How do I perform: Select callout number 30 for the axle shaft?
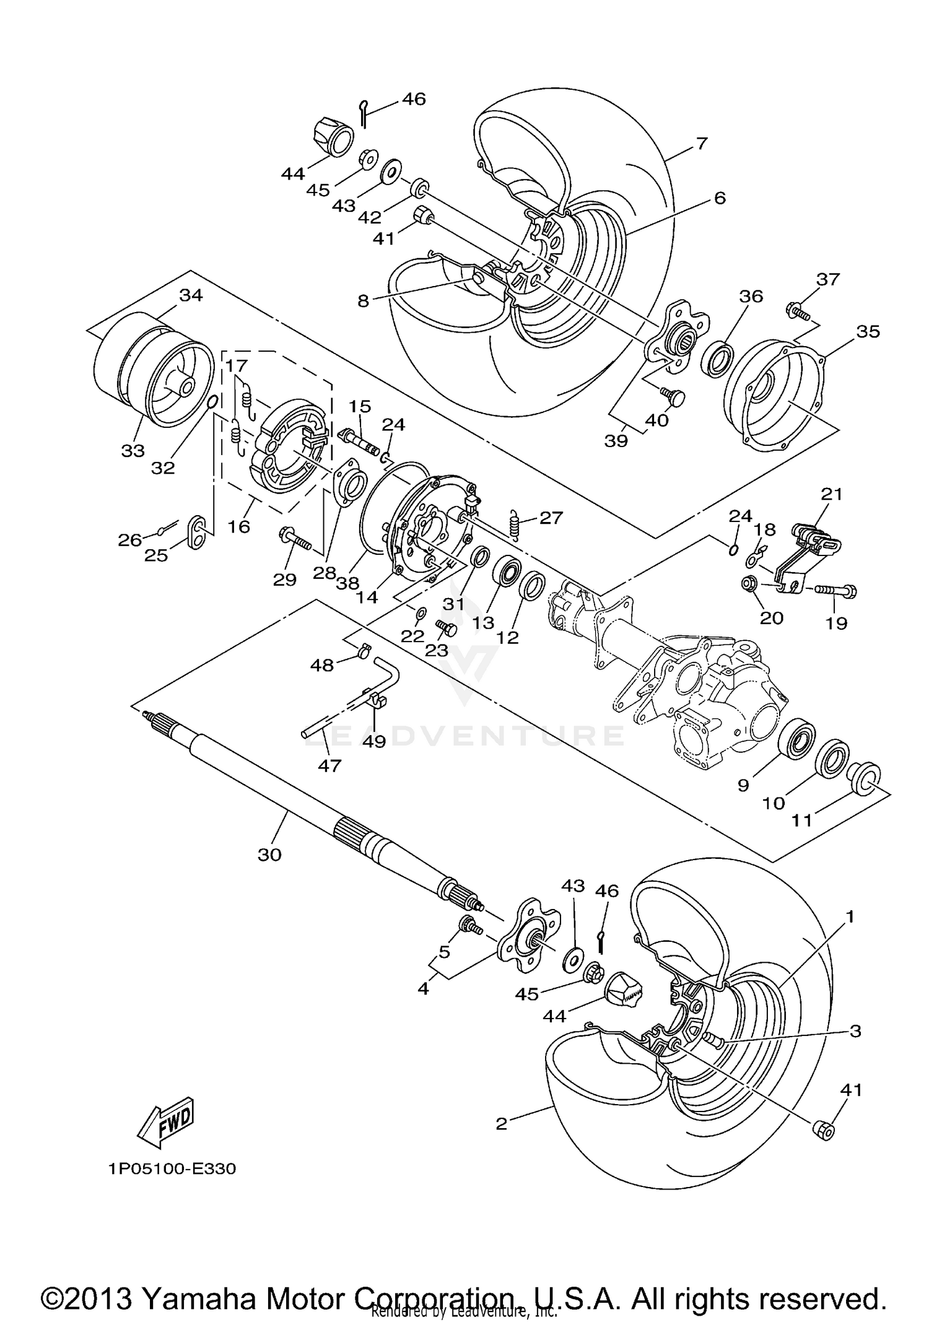(x=269, y=855)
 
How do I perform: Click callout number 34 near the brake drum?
(x=191, y=295)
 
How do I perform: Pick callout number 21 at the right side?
(x=832, y=494)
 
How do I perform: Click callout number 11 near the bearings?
(x=801, y=820)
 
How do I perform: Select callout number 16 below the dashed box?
(x=239, y=526)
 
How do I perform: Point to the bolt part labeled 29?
(x=296, y=537)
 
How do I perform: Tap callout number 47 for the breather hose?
(x=329, y=766)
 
